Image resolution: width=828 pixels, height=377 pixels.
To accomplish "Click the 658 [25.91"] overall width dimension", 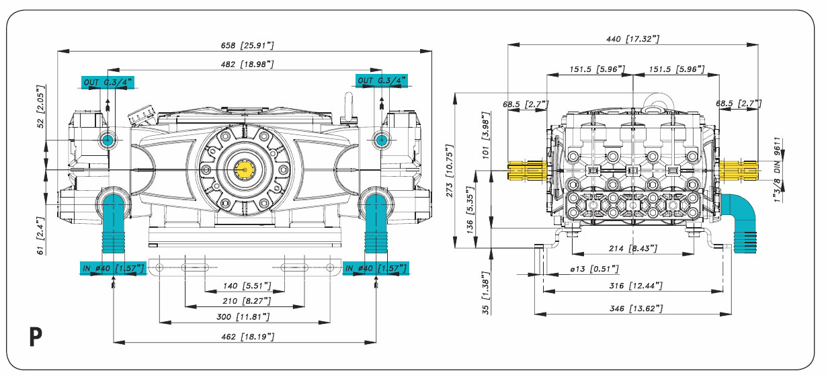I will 247,45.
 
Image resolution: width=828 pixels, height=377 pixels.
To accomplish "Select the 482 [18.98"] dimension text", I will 247,63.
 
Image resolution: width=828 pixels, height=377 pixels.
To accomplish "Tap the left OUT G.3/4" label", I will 108,82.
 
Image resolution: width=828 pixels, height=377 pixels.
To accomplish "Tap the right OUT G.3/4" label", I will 382,81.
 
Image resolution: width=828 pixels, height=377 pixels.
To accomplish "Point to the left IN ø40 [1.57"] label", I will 112,269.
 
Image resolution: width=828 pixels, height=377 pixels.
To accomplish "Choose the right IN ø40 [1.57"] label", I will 376,269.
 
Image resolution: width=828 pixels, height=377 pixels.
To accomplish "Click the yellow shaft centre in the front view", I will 244,170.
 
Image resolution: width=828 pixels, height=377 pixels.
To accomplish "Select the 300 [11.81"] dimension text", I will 245,317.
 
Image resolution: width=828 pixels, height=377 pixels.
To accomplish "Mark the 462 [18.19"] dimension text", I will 245,336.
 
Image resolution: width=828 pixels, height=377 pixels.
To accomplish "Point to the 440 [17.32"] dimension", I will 632,40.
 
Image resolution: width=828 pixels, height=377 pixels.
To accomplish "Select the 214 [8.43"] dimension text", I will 632,249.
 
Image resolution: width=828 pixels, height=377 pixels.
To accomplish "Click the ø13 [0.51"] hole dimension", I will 594,269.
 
